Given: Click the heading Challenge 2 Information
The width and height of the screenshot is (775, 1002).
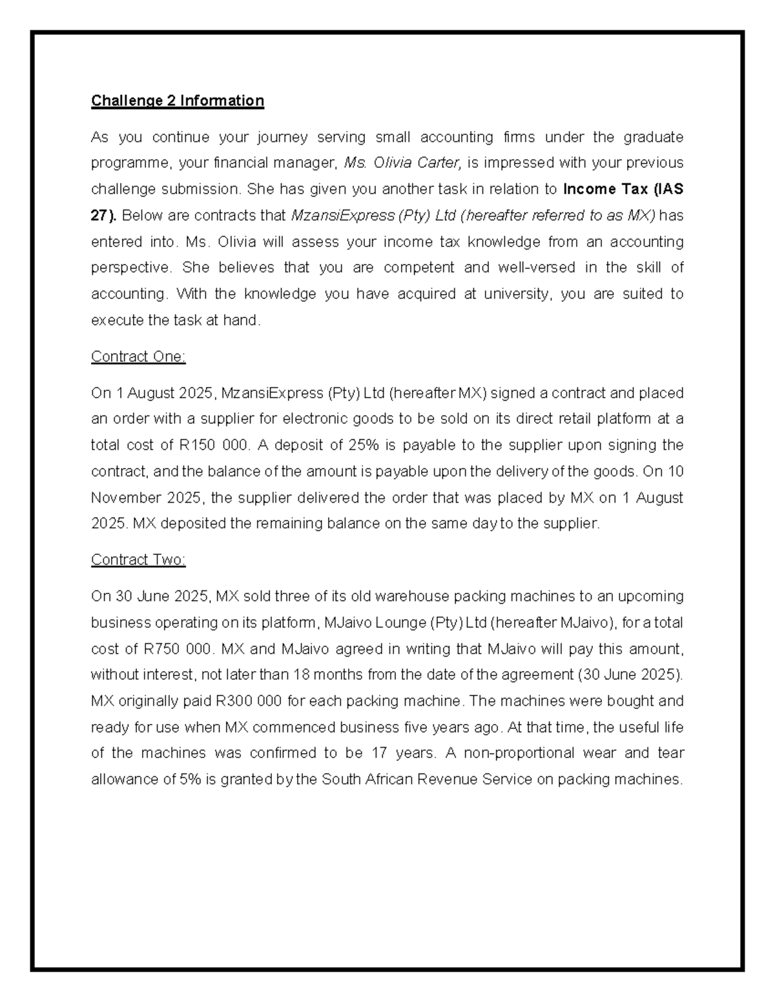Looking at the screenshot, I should (x=178, y=101).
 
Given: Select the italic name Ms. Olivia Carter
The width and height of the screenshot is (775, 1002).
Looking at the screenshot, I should (x=402, y=163).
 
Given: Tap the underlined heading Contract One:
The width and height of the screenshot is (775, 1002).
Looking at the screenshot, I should (x=138, y=357).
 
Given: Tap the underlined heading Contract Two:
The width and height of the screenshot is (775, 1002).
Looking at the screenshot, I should (x=138, y=559).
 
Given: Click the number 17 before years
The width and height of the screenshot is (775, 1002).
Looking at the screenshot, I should (x=380, y=753).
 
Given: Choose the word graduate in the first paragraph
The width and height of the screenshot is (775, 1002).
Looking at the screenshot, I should (x=653, y=137).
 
